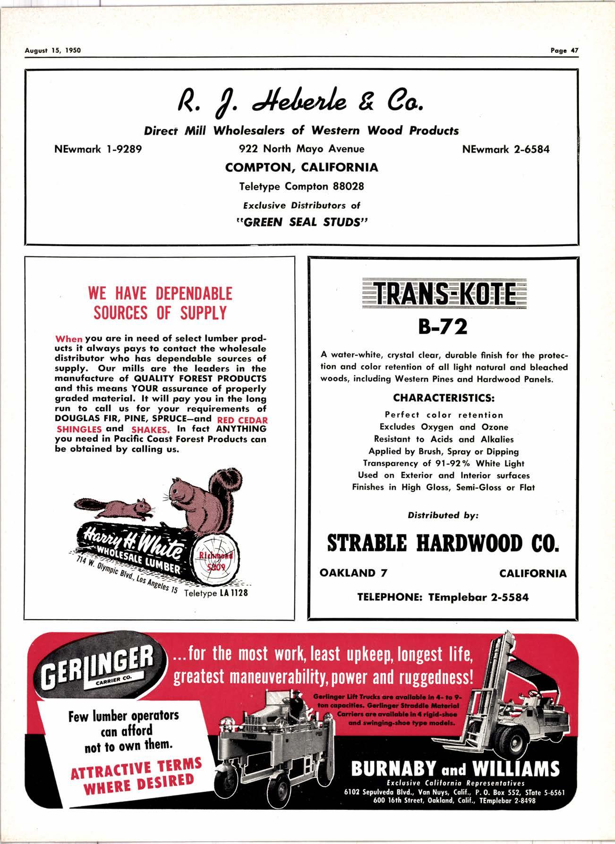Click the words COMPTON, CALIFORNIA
coord(302,167)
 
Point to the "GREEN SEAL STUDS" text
coord(302,222)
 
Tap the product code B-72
coord(443,326)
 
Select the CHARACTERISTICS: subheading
coord(443,398)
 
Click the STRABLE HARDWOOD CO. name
coord(443,544)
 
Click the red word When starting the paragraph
coord(69,339)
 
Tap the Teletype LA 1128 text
coord(215,593)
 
